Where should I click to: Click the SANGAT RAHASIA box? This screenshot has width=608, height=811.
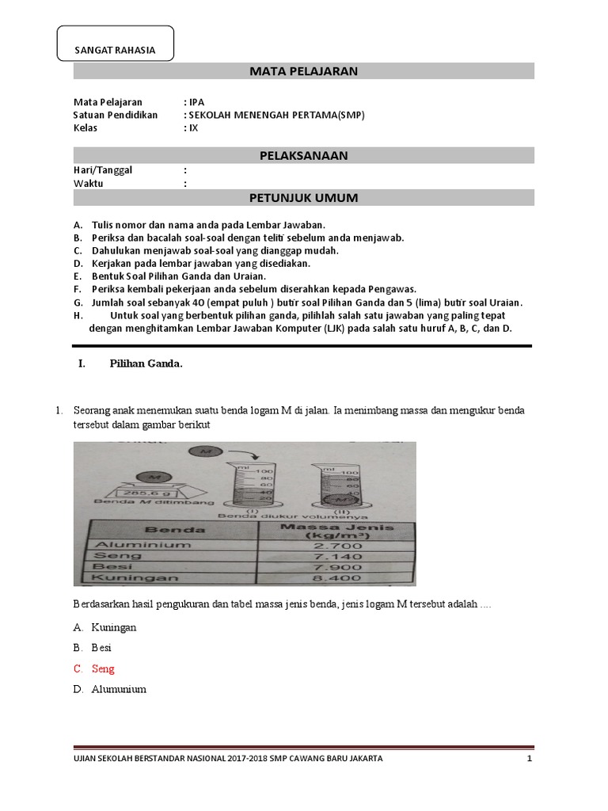pyautogui.click(x=115, y=45)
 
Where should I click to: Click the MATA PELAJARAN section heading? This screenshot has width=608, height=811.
pyautogui.click(x=304, y=71)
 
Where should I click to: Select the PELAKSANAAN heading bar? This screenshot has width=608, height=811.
pyautogui.click(x=304, y=155)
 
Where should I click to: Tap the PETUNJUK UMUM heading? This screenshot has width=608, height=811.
pyautogui.click(x=304, y=197)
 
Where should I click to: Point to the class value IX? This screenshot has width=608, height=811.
pyautogui.click(x=193, y=128)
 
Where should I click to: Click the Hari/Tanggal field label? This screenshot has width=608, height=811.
pyautogui.click(x=103, y=170)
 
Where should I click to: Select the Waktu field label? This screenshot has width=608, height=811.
pyautogui.click(x=89, y=184)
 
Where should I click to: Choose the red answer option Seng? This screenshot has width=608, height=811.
pyautogui.click(x=103, y=668)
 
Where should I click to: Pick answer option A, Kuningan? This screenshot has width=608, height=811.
pyautogui.click(x=114, y=627)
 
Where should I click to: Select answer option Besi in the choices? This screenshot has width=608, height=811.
pyautogui.click(x=101, y=648)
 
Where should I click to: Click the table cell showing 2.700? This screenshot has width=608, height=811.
pyautogui.click(x=339, y=546)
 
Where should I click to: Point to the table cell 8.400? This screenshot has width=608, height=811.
pyautogui.click(x=339, y=579)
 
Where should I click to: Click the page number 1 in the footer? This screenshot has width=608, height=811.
pyautogui.click(x=529, y=758)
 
